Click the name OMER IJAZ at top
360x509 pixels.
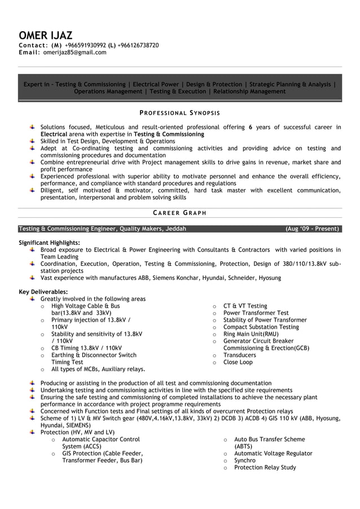pyautogui.click(x=45, y=36)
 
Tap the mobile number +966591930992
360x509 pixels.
pyautogui.click(x=85, y=45)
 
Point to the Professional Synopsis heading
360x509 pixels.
pyautogui.click(x=179, y=113)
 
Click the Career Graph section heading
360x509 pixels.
pyautogui.click(x=179, y=213)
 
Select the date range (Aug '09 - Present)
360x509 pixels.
pyautogui.click(x=312, y=229)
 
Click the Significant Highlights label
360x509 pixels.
pyautogui.click(x=49, y=242)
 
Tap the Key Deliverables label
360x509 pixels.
pyautogui.click(x=43, y=292)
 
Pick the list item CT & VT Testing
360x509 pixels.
pyautogui.click(x=245, y=306)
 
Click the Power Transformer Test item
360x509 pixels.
pyautogui.click(x=256, y=313)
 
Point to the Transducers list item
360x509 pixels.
pyautogui.click(x=239, y=355)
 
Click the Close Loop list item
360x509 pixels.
pyautogui.click(x=238, y=362)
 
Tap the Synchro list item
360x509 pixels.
pyautogui.click(x=245, y=460)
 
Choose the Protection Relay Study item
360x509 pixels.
pyautogui.click(x=265, y=467)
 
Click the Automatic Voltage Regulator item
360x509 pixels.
pyautogui.click(x=273, y=453)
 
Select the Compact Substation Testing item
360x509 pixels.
pyautogui.click(x=261, y=327)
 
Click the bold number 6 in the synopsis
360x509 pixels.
pyautogui.click(x=251, y=128)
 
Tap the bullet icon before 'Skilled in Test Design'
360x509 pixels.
pyautogui.click(x=33, y=141)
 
